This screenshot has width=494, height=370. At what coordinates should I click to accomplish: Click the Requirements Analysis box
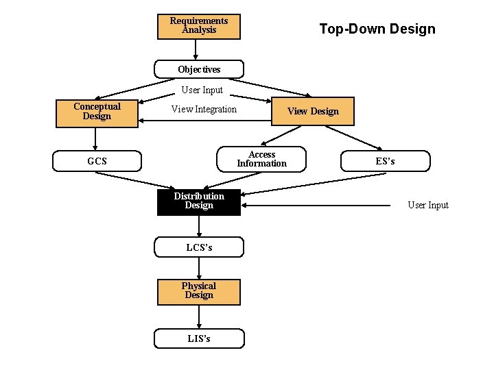(x=198, y=26)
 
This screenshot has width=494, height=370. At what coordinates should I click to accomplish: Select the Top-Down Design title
(x=377, y=29)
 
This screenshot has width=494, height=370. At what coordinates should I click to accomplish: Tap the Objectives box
(x=199, y=69)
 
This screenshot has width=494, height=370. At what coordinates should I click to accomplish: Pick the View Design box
(x=313, y=112)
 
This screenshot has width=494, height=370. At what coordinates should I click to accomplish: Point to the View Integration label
(x=204, y=110)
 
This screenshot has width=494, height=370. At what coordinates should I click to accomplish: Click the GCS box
(x=97, y=162)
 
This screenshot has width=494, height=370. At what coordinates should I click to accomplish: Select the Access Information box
(x=261, y=160)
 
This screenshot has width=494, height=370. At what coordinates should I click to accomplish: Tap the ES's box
(x=385, y=162)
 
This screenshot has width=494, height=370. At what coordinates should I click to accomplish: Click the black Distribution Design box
(x=199, y=201)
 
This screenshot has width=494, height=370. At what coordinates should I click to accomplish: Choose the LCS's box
(x=199, y=247)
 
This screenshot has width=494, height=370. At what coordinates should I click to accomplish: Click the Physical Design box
(x=199, y=291)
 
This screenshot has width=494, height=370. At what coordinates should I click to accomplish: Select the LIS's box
(x=199, y=338)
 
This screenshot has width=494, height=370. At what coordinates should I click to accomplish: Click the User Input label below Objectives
(x=202, y=90)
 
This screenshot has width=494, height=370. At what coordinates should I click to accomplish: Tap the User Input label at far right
(x=428, y=205)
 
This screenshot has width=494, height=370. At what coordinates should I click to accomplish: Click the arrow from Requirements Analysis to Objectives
(x=197, y=49)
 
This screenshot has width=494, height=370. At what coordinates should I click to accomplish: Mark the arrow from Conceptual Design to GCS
(x=96, y=139)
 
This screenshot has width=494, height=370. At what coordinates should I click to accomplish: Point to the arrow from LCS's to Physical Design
(x=199, y=268)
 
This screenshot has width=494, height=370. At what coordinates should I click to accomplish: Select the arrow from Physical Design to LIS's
(x=199, y=317)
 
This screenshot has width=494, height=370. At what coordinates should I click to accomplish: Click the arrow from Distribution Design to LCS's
(x=199, y=226)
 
